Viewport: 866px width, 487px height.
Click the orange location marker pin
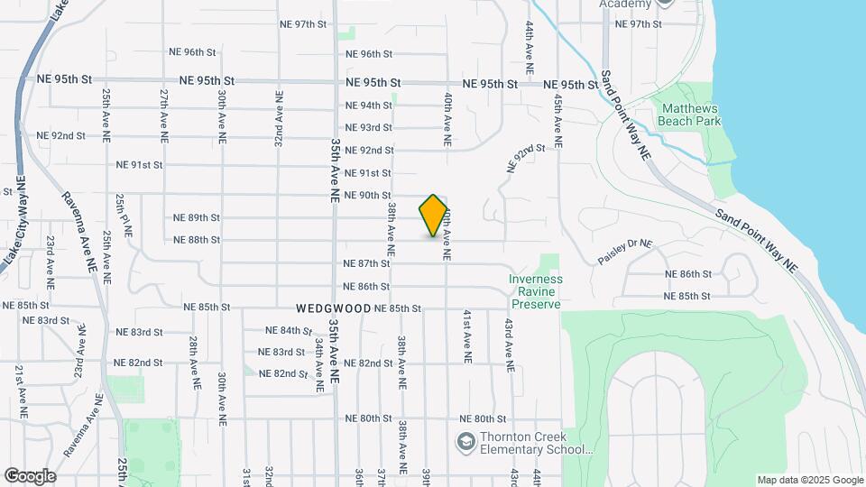(434, 216)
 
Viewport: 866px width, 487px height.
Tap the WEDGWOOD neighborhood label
(333, 308)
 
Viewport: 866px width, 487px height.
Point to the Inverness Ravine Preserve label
(535, 291)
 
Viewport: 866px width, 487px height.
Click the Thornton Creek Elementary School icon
(465, 441)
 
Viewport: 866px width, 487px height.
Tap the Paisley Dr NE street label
(623, 252)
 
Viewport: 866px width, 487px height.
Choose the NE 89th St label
(197, 217)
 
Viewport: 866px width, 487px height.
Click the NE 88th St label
(197, 240)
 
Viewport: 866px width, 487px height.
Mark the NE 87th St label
(367, 263)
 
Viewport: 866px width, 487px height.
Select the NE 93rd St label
(369, 127)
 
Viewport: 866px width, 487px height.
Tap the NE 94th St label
(369, 105)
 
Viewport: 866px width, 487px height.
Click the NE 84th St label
(289, 331)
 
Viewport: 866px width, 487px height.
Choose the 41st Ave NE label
(467, 336)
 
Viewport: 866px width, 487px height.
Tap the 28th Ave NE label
(194, 363)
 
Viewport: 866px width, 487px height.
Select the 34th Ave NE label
(318, 365)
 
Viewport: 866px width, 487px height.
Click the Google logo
(30, 476)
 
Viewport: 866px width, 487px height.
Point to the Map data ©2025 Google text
(808, 480)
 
